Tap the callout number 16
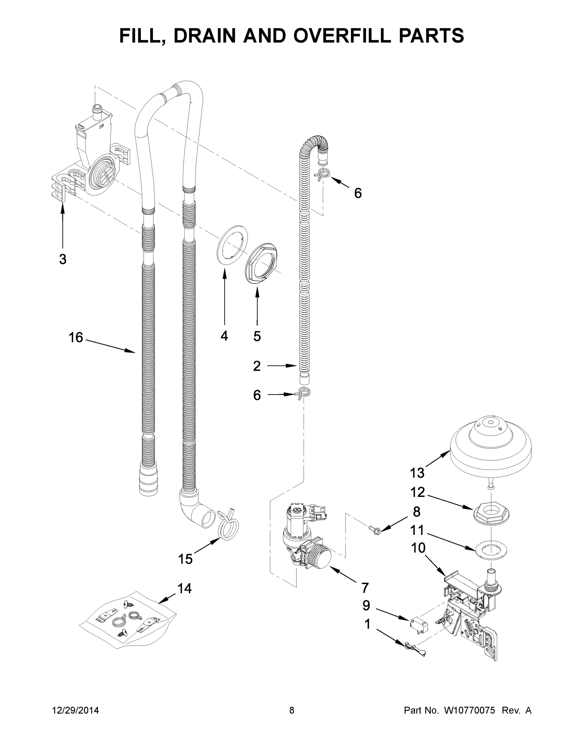pos(76,338)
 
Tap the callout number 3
pos(63,259)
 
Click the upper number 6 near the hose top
pos(358,193)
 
